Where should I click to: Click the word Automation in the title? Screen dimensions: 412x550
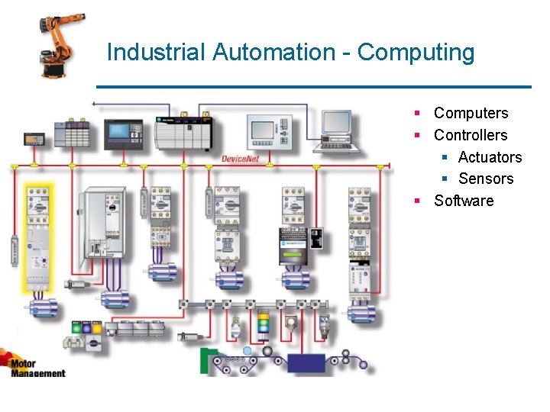pyautogui.click(x=273, y=53)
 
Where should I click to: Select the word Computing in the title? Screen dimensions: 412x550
pyautogui.click(x=416, y=53)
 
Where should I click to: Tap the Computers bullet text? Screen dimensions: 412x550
pyautogui.click(x=471, y=113)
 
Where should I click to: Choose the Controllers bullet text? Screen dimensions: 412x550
pyautogui.click(x=471, y=135)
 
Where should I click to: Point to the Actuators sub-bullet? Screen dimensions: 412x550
pyautogui.click(x=490, y=157)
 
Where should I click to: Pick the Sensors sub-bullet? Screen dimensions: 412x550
pyautogui.click(x=486, y=179)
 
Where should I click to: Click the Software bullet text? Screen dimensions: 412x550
pyautogui.click(x=464, y=201)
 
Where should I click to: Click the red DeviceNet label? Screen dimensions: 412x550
pyautogui.click(x=240, y=158)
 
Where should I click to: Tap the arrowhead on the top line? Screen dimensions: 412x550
pyautogui.click(x=93, y=102)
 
